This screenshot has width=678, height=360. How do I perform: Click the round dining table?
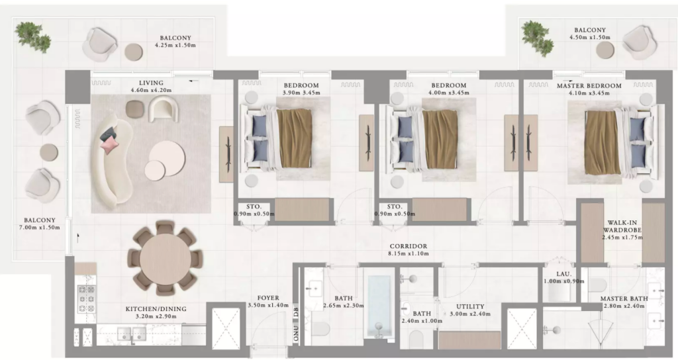coord(165,259)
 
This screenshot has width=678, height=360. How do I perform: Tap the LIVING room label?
coord(152,83)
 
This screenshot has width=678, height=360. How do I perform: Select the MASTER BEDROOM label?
coord(589,85)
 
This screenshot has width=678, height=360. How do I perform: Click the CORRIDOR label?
coord(408,246)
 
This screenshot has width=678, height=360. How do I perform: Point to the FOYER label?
coord(268,298)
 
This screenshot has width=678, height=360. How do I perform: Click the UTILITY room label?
coord(470,306)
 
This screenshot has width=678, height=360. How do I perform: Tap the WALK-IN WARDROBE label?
coord(622,226)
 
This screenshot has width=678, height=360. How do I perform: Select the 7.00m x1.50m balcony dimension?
coord(39,228)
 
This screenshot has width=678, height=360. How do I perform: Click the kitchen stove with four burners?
coord(85,298)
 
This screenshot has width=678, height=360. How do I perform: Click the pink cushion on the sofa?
coord(109,145)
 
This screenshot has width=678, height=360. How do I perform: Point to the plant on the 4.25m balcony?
coord(33,37)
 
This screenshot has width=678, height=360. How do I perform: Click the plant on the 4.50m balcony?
coord(537,38)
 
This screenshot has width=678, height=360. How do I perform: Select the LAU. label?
coord(564,274)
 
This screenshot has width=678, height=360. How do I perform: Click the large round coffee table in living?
coord(168,157)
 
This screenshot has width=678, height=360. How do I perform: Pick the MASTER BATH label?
coord(624,298)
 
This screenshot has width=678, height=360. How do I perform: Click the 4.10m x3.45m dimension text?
coord(589,93)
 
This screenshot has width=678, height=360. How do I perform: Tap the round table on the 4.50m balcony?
coord(605,50)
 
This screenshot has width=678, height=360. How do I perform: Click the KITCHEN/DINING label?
coord(156,309)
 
